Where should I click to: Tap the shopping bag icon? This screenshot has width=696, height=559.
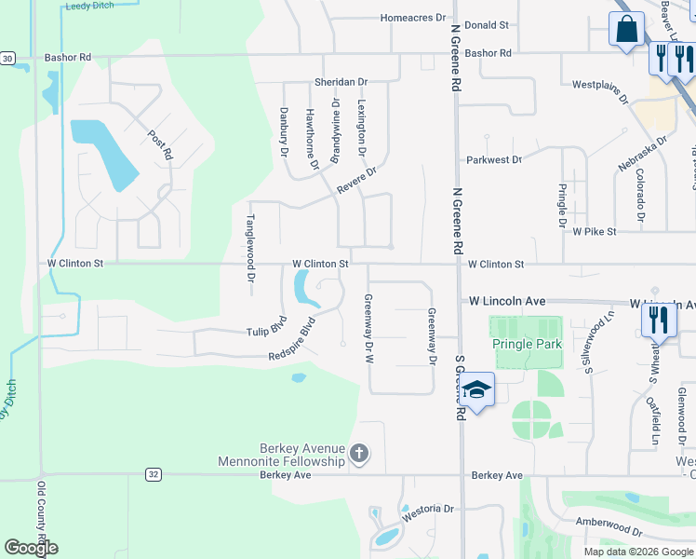pos(626,28)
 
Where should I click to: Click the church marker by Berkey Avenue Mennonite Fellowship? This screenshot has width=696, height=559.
pos(359,455)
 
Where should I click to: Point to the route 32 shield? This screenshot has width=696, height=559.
pos(154,474)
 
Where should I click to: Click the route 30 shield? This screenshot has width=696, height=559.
pos(7,58)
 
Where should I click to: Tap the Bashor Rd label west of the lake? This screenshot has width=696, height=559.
pos(68,58)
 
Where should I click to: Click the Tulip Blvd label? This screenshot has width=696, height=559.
pos(265,332)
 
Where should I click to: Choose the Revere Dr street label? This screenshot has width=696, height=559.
pos(356,179)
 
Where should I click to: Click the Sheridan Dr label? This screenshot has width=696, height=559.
pos(341,82)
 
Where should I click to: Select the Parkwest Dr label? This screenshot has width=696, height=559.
pos(494,160)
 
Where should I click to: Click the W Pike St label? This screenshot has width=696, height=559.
pos(595,231)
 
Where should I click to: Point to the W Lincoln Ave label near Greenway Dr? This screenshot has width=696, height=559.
pos(506,302)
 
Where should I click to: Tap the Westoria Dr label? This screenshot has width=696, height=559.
pos(427,511)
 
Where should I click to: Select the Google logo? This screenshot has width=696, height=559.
pos(31,548)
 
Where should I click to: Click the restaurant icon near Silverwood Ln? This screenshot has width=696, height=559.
pos(658,320)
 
